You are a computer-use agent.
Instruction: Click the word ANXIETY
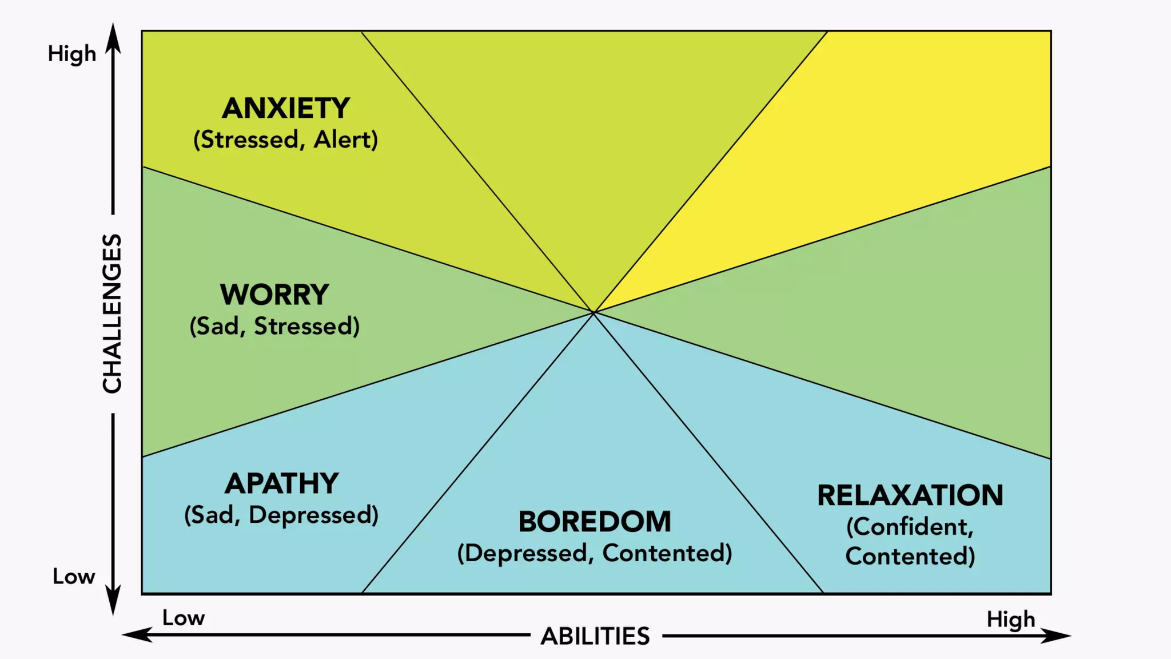tap(286, 108)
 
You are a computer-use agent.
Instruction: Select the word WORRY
tap(274, 295)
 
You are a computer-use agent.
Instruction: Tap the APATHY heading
tap(281, 483)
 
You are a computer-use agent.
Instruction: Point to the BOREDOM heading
tap(595, 522)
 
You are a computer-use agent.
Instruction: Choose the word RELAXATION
tap(910, 495)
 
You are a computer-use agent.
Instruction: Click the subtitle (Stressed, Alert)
tap(286, 140)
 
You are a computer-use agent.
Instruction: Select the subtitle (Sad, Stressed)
tap(274, 326)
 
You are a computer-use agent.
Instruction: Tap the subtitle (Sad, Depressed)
tap(281, 515)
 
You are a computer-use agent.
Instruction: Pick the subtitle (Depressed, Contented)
tap(595, 553)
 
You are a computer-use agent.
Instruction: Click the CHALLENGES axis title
tap(112, 313)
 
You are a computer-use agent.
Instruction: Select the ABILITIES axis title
tap(595, 636)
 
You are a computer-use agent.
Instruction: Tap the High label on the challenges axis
tap(72, 54)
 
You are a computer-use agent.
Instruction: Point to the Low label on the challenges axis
tap(74, 577)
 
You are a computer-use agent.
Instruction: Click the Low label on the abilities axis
tap(184, 618)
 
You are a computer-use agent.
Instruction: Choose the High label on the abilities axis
tap(1011, 620)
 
